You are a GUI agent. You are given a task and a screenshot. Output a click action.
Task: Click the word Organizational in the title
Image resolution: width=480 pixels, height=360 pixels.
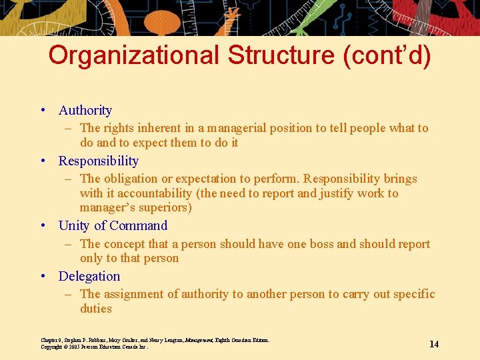click(134, 55)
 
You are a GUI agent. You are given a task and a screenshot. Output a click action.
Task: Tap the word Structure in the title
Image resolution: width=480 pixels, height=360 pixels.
click(282, 55)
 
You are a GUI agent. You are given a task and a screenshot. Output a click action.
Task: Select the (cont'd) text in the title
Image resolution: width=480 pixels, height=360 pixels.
click(387, 55)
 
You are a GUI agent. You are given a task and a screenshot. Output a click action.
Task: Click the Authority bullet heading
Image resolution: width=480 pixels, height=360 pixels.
click(85, 111)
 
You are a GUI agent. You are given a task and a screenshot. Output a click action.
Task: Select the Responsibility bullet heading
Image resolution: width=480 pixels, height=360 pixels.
click(99, 161)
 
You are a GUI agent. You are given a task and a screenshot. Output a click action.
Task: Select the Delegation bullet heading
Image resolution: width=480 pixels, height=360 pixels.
click(89, 277)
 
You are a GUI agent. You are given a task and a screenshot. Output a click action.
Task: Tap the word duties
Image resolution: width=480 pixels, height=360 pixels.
click(96, 309)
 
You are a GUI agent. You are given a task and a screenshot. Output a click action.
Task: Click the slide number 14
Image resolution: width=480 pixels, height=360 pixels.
click(434, 344)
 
